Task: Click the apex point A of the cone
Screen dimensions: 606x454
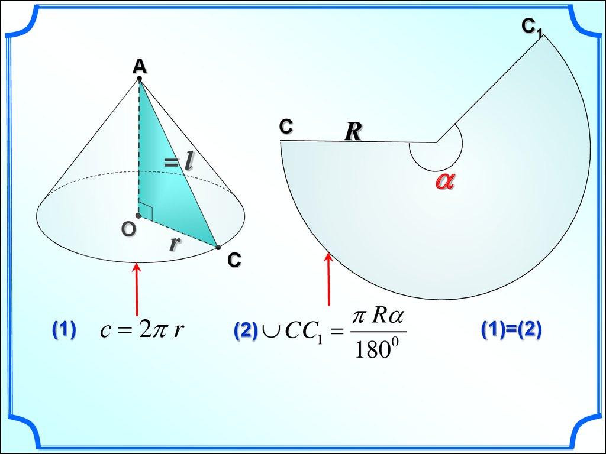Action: click(139, 79)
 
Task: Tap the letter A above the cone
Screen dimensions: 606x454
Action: click(140, 66)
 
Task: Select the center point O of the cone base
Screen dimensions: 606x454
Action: click(138, 215)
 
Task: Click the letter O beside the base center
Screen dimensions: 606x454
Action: click(128, 230)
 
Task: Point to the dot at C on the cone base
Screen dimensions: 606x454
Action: click(218, 248)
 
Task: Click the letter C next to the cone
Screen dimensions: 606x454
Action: click(234, 260)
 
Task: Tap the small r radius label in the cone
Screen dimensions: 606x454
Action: click(175, 243)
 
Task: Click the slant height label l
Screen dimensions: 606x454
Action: click(188, 162)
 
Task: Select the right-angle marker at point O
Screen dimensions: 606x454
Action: click(146, 212)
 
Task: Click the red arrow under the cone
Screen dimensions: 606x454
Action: click(137, 289)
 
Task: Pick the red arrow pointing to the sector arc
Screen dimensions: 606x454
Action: click(329, 279)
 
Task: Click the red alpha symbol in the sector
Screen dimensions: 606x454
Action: click(445, 181)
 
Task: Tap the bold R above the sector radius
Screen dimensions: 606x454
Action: click(353, 132)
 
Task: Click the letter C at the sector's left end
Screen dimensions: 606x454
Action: click(286, 127)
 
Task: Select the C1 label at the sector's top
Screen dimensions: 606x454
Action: click(532, 27)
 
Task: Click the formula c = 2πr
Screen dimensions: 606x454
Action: click(142, 330)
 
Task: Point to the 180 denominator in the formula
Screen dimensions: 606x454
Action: click(376, 349)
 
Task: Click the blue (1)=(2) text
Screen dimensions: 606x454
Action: click(511, 330)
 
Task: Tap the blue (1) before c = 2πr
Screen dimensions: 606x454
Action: click(64, 330)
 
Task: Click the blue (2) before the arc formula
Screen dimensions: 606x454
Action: click(246, 331)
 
